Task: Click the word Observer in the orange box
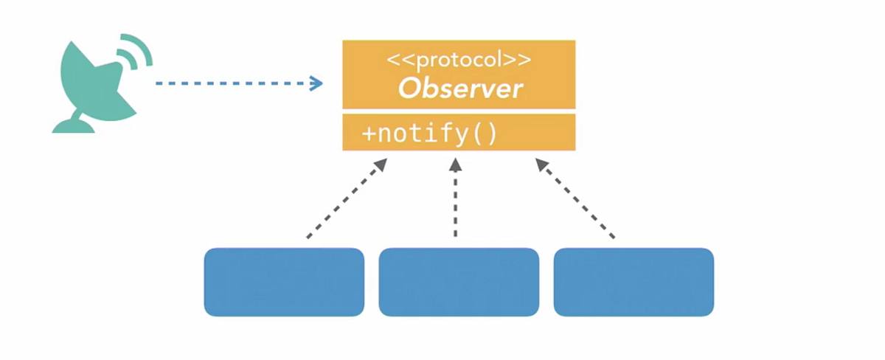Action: point(460,89)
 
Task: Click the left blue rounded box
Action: point(284,282)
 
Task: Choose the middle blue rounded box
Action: point(459,282)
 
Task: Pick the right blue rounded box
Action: point(634,282)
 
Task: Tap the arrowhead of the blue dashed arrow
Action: point(317,83)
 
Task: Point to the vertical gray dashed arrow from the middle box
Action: point(456,203)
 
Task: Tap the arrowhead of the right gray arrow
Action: point(542,165)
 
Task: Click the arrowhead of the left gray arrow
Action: point(381,165)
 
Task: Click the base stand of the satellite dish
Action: point(74,125)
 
